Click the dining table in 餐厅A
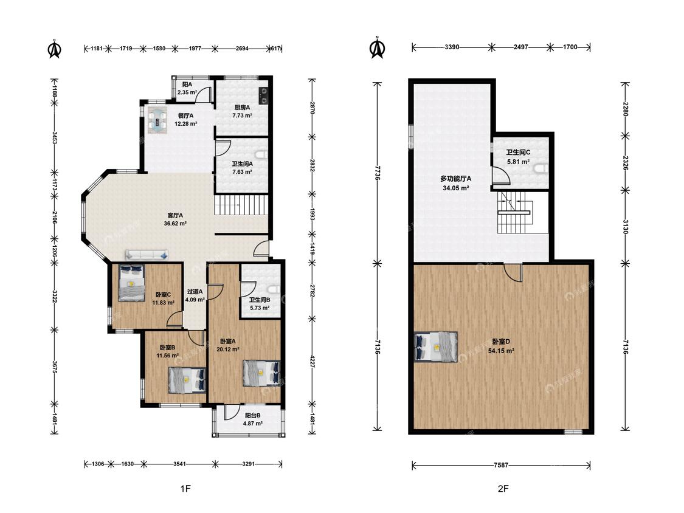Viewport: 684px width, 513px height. click(157, 119)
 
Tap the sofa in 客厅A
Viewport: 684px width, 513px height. click(147, 255)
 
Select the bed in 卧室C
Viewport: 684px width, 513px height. click(131, 283)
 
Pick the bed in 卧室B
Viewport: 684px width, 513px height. click(187, 380)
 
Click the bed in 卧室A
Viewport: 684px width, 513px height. click(261, 373)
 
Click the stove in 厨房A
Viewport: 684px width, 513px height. click(263, 95)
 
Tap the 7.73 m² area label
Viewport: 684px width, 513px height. click(242, 115)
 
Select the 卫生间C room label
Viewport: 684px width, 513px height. click(518, 153)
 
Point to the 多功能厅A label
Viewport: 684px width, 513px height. click(455, 179)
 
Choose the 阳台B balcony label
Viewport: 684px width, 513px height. click(252, 416)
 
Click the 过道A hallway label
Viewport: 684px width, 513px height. click(195, 292)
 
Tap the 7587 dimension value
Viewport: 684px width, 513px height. click(501, 466)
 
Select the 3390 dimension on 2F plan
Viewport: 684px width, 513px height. click(452, 47)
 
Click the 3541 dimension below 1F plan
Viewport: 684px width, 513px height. click(179, 464)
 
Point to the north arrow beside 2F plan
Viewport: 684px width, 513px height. click(378, 47)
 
